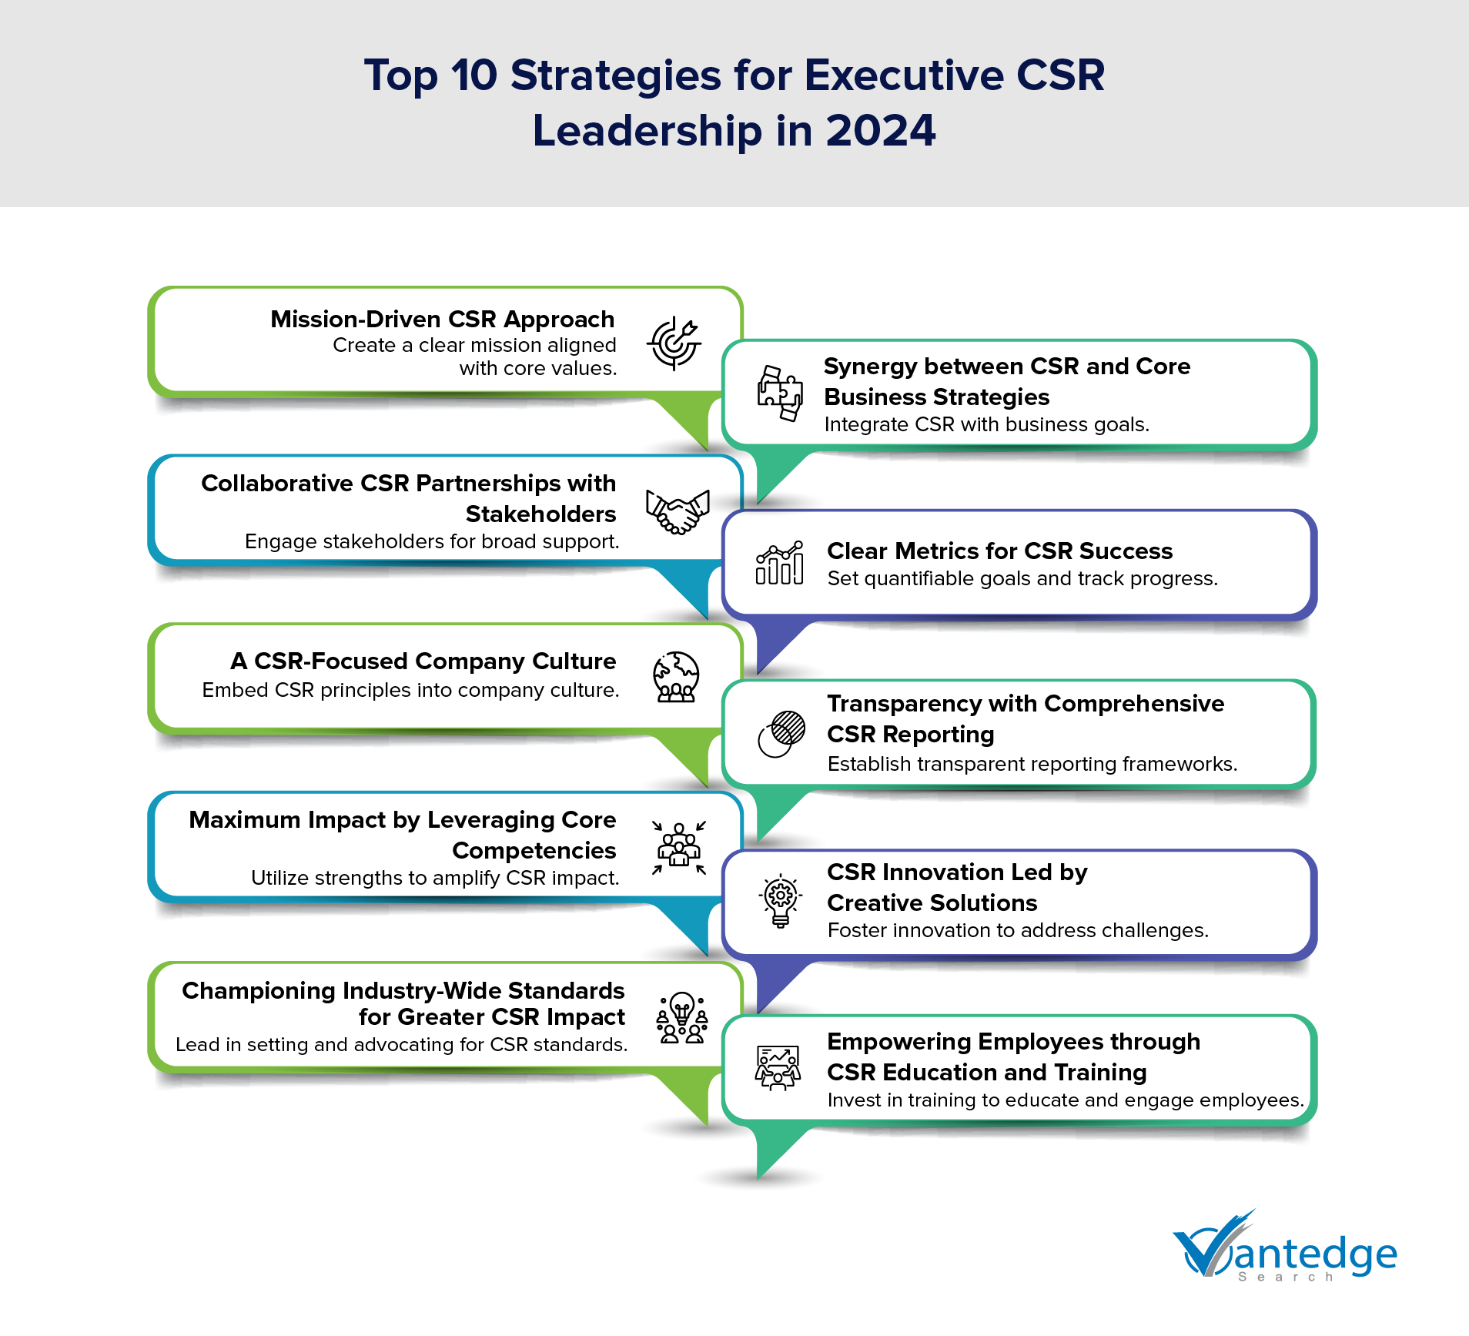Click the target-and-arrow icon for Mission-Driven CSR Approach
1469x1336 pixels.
click(x=674, y=343)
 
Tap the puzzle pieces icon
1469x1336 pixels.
click(x=779, y=393)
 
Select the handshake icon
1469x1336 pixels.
click(x=677, y=511)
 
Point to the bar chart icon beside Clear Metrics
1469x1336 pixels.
click(x=779, y=563)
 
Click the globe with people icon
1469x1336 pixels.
click(x=676, y=677)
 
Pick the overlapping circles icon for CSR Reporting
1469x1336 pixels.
click(x=781, y=734)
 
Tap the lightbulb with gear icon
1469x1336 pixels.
click(x=781, y=900)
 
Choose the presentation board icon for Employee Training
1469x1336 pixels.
click(x=778, y=1067)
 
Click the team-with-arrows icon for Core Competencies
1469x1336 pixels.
click(x=678, y=848)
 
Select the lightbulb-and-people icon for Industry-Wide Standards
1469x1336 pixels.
click(x=681, y=1017)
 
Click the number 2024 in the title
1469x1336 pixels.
click(x=880, y=131)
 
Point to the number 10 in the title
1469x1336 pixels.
click(x=474, y=75)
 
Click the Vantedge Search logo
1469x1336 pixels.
click(x=1284, y=1247)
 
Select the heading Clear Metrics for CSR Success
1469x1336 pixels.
click(x=999, y=551)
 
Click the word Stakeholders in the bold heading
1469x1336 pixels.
click(x=540, y=514)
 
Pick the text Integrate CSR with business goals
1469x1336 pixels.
click(x=986, y=424)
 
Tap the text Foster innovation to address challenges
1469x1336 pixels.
click(x=1018, y=930)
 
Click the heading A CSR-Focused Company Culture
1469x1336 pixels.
click(x=423, y=661)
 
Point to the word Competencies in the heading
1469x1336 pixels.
click(x=534, y=850)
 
